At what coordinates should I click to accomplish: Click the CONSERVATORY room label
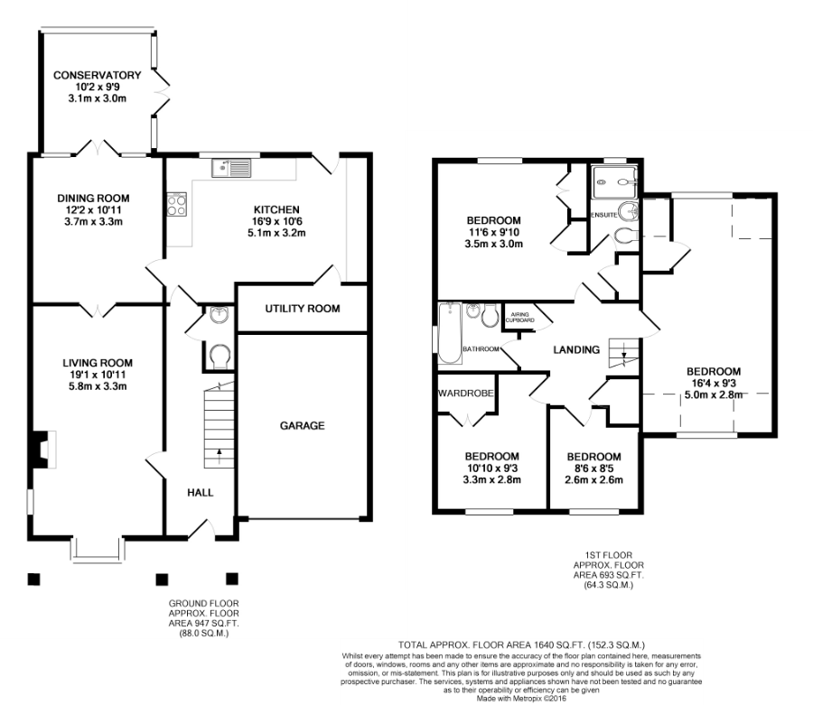[97, 75]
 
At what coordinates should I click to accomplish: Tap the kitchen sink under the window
[230, 168]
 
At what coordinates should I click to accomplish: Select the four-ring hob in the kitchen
[176, 204]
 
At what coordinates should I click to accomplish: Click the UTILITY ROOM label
[303, 309]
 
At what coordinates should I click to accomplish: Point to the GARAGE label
[303, 426]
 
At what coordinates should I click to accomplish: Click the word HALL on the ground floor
[201, 493]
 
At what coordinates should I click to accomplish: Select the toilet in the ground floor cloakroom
[220, 357]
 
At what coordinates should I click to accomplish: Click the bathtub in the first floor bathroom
[450, 334]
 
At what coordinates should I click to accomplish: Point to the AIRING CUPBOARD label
[519, 318]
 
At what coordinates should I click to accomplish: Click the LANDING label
[576, 350]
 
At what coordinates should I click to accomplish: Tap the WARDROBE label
[465, 394]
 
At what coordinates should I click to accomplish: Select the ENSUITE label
[604, 215]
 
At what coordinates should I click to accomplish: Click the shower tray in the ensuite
[614, 182]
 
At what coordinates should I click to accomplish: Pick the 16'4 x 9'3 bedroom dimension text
[714, 384]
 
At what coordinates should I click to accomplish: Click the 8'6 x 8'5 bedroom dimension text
[593, 468]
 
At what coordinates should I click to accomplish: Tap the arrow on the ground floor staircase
[219, 455]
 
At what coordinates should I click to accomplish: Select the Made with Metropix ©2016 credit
[521, 699]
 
